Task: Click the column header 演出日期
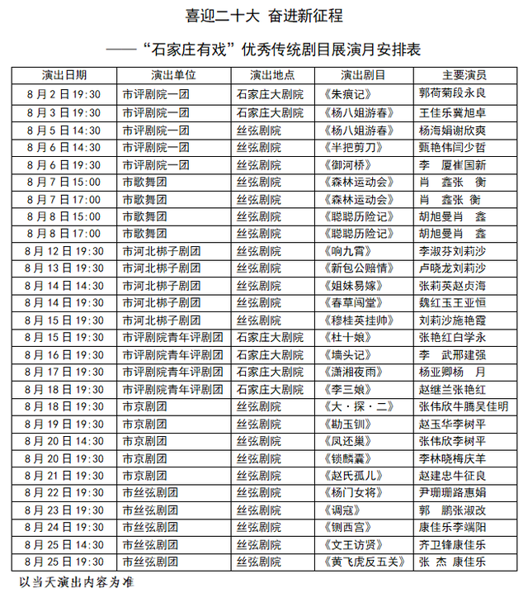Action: click(64, 75)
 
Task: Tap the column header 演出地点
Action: click(271, 75)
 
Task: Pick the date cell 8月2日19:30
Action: click(64, 94)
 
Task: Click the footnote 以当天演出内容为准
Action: click(76, 582)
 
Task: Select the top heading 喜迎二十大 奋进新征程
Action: click(264, 17)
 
